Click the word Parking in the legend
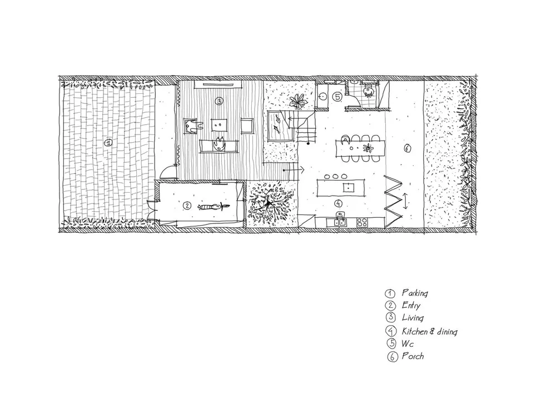click(x=415, y=293)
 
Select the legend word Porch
click(x=413, y=356)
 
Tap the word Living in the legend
click(x=413, y=318)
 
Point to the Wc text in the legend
click(x=408, y=343)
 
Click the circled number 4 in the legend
click(x=391, y=331)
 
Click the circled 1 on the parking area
click(x=108, y=143)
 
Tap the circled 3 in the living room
click(x=219, y=101)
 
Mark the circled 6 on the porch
click(x=407, y=148)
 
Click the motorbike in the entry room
click(x=214, y=206)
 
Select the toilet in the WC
click(x=369, y=91)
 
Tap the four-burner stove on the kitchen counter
click(x=362, y=222)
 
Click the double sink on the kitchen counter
click(x=338, y=222)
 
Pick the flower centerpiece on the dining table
click(x=368, y=148)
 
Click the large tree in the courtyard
click(x=270, y=205)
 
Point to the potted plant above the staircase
click(x=297, y=101)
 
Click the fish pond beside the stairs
click(x=280, y=126)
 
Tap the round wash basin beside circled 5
click(x=322, y=96)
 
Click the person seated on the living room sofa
click(x=218, y=144)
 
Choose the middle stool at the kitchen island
click(x=335, y=176)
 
